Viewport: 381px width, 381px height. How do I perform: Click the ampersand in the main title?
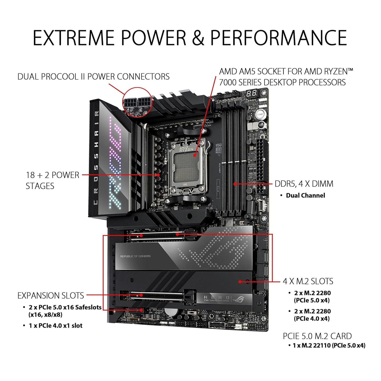(198, 37)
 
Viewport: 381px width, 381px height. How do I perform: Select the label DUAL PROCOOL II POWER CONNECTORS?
(93, 77)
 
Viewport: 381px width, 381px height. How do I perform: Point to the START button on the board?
(260, 114)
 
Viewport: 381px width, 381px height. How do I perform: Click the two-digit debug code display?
(252, 93)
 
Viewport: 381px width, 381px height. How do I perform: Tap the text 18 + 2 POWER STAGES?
(52, 180)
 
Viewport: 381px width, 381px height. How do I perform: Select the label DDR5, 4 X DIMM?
(304, 184)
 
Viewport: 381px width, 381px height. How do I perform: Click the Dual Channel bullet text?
(305, 195)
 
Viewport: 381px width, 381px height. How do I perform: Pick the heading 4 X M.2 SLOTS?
(308, 281)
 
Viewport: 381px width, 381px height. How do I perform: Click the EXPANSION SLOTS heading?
(51, 296)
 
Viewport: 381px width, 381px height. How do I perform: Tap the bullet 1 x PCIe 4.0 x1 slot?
(56, 326)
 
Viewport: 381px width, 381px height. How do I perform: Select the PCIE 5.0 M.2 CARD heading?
(317, 336)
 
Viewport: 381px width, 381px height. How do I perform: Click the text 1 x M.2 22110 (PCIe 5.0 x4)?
(329, 345)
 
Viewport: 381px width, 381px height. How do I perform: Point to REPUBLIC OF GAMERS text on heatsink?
(135, 256)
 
